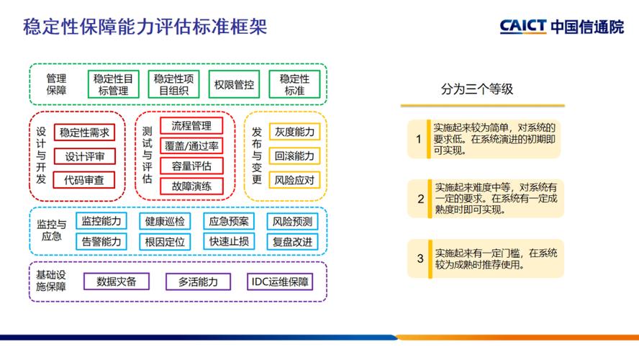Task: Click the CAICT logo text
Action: click(x=524, y=27)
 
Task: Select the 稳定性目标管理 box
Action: click(x=113, y=84)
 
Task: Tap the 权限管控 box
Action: click(x=234, y=84)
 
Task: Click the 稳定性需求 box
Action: click(x=85, y=132)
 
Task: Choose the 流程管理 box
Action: click(x=191, y=126)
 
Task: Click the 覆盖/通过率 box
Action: click(x=191, y=146)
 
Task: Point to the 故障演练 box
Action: click(x=191, y=186)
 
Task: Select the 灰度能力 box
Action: click(x=294, y=132)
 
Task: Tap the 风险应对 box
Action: click(x=294, y=179)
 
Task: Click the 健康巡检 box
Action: click(x=165, y=221)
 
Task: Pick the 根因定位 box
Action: click(x=165, y=241)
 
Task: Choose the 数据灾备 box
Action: click(x=117, y=282)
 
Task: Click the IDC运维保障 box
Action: click(x=281, y=282)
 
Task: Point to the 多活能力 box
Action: click(x=198, y=282)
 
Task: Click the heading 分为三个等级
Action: click(x=476, y=90)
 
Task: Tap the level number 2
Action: click(x=420, y=199)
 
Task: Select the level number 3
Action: click(x=420, y=258)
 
